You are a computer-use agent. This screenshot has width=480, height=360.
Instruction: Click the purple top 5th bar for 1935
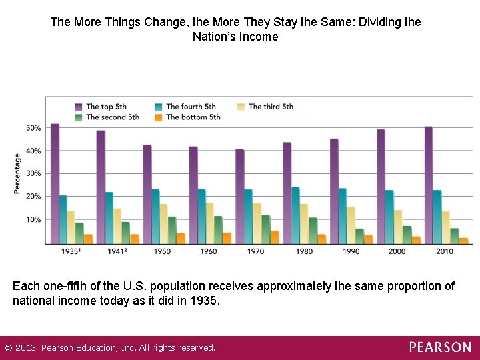55,183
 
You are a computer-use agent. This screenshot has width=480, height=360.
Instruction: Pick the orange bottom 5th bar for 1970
275,237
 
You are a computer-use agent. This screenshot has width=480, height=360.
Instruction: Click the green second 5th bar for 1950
172,230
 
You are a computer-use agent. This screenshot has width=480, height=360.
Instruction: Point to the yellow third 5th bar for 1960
210,223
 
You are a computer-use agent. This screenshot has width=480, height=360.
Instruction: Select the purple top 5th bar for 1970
240,196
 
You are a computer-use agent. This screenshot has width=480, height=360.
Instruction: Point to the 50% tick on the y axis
33,128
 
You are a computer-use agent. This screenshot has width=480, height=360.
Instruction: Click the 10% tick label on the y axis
33,220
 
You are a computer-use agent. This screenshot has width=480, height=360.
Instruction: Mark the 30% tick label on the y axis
33,173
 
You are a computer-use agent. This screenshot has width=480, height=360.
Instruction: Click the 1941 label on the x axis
117,251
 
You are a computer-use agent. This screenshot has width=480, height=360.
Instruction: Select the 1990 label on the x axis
351,251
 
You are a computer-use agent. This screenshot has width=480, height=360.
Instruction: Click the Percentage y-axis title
17,174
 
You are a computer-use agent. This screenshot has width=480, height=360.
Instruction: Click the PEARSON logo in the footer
439,347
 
